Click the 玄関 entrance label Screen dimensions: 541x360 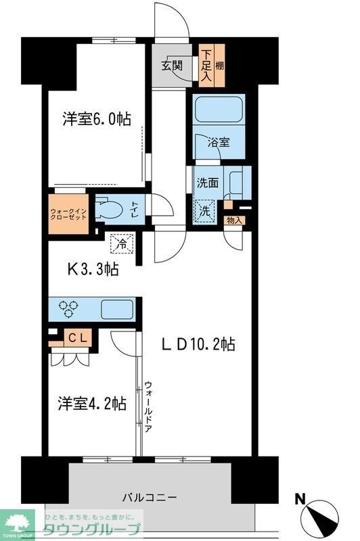(x=172, y=66)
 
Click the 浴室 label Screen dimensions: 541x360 (x=219, y=143)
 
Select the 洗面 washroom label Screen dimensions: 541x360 (x=207, y=182)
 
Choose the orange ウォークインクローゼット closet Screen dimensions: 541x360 (x=68, y=214)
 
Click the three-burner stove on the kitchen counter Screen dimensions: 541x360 (x=68, y=308)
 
